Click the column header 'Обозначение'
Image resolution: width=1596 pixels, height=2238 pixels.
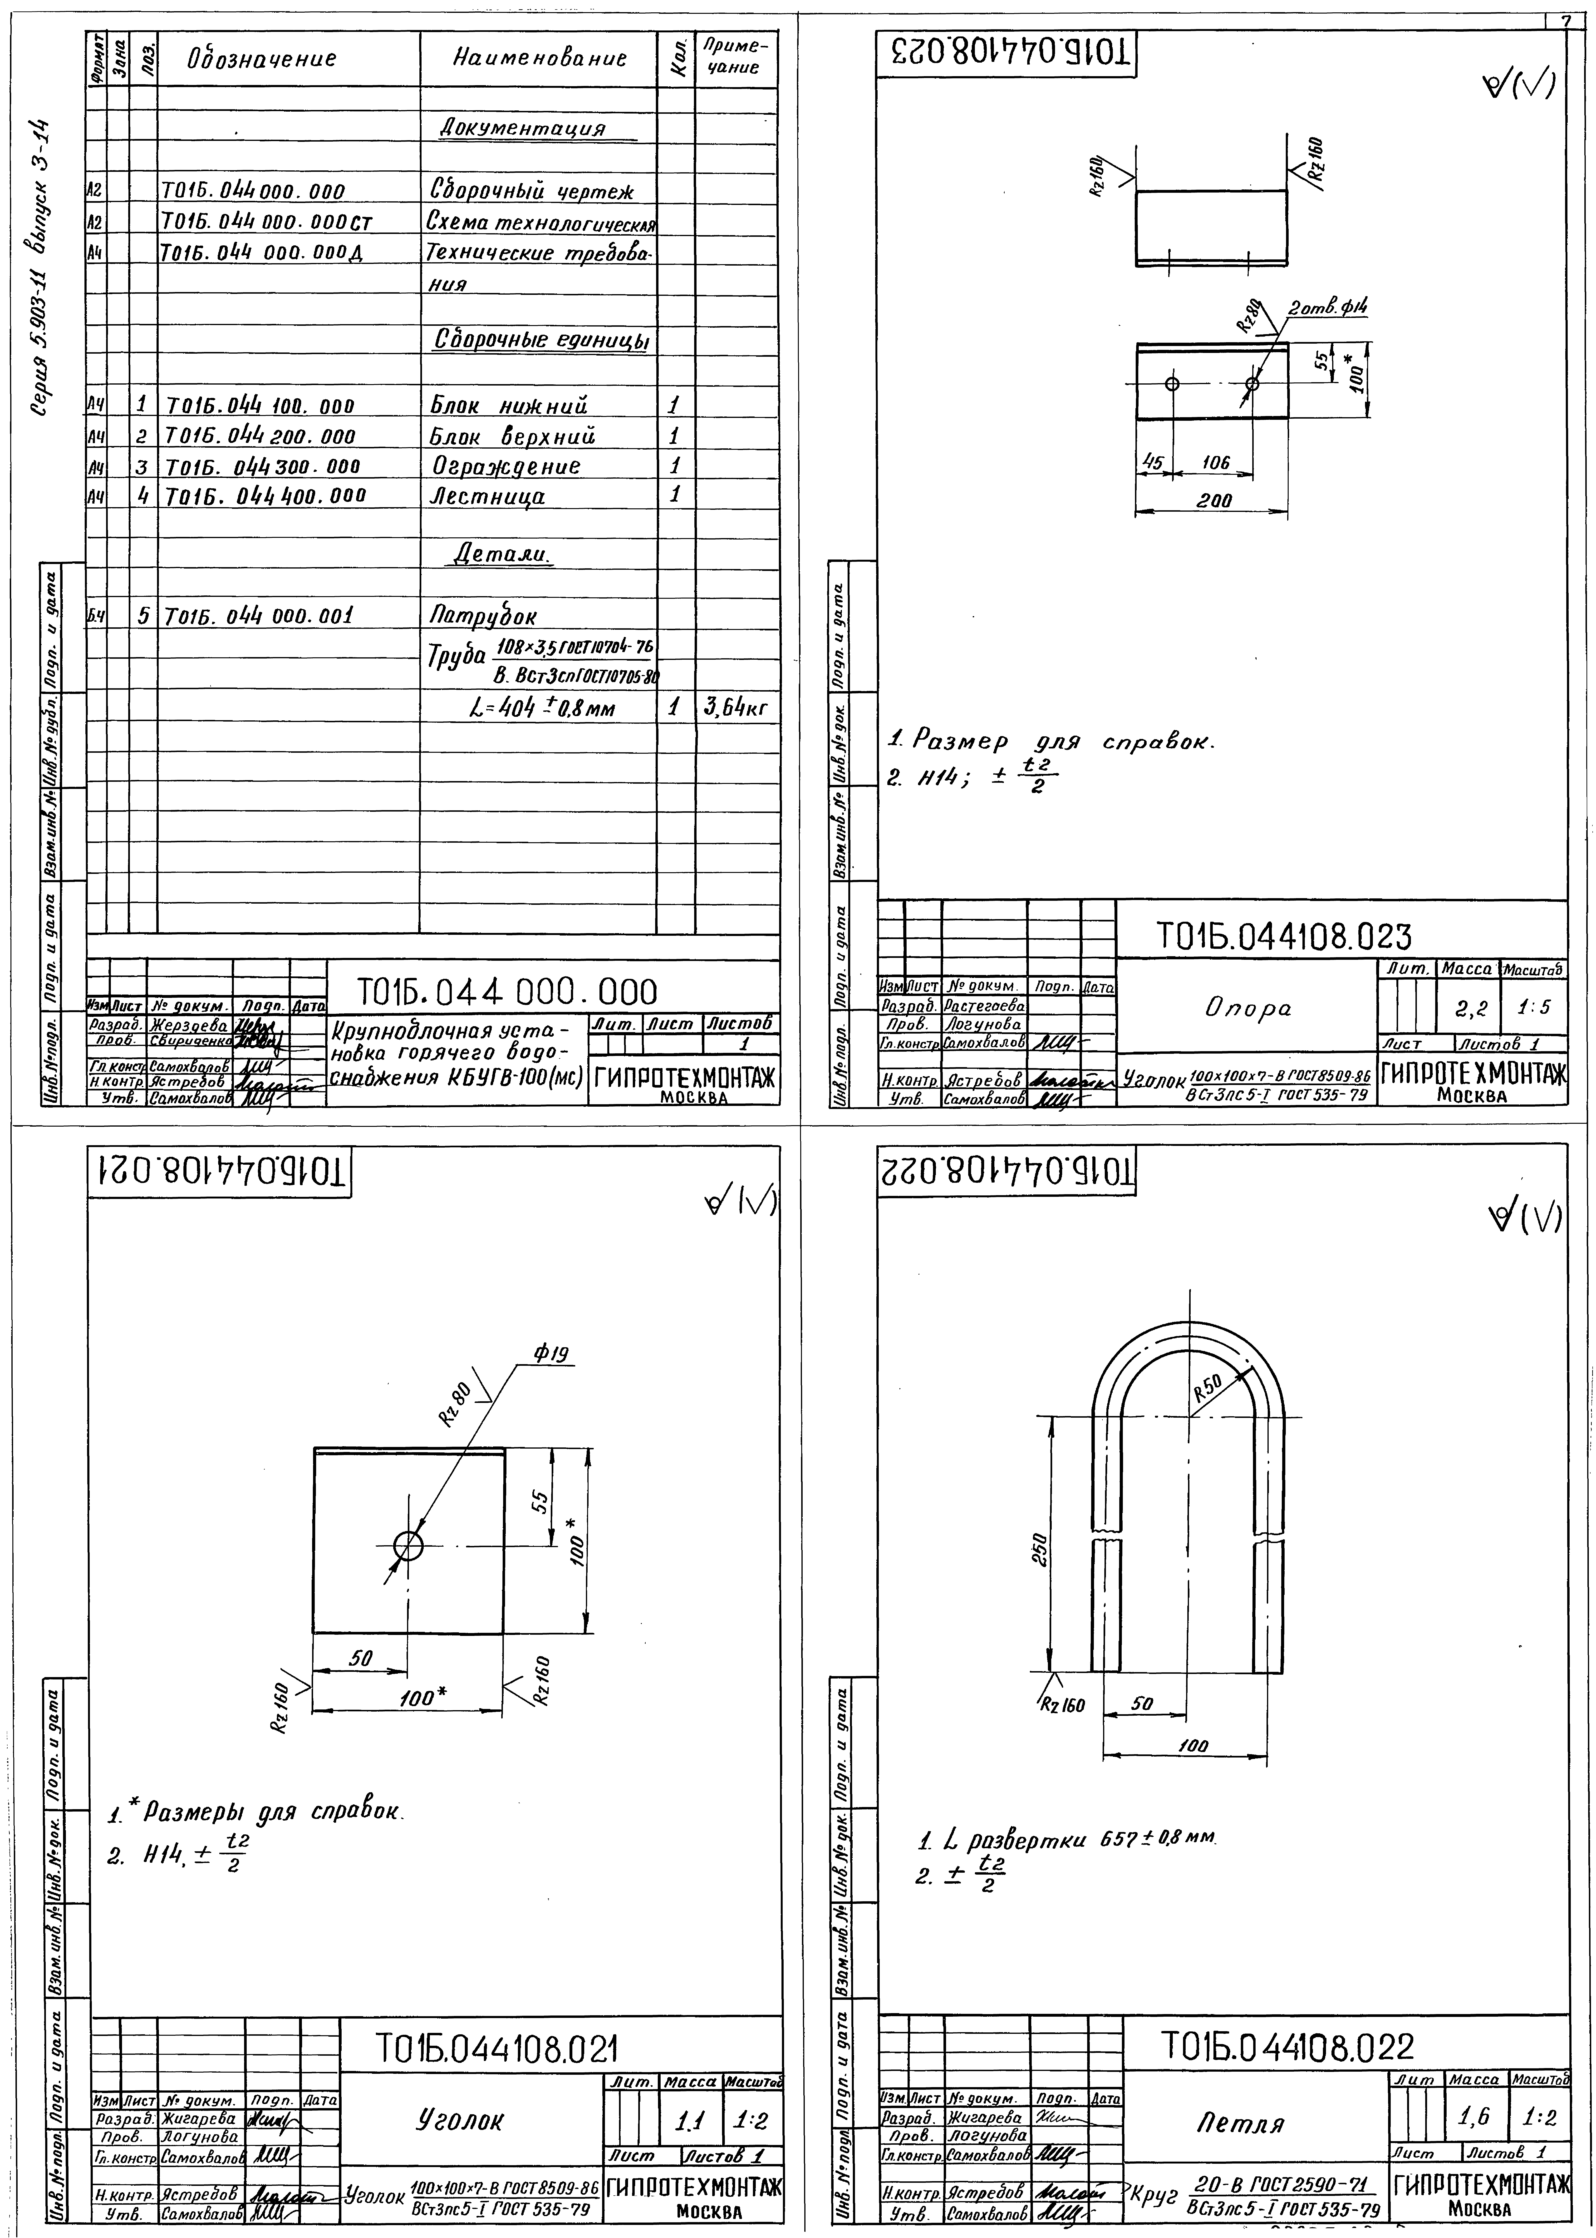pos(262,59)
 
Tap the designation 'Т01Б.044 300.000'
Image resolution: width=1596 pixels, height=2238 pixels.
pos(262,466)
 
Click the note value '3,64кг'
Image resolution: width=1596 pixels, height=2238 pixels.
pos(735,708)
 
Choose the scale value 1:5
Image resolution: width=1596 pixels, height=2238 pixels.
pos(1535,1008)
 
